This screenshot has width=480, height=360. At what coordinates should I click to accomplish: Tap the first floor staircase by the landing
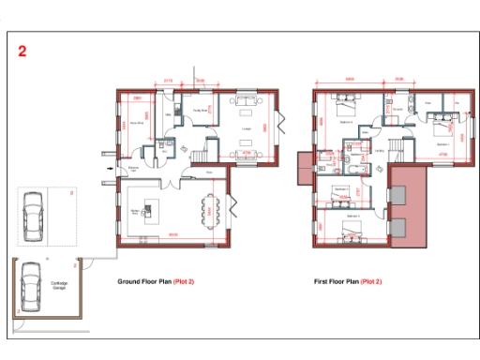click(x=398, y=152)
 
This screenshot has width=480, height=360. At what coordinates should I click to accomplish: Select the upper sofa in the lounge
click(x=247, y=99)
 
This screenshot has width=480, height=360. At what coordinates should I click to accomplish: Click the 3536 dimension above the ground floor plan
click(x=200, y=82)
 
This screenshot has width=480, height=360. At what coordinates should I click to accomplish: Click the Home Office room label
click(x=137, y=121)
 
